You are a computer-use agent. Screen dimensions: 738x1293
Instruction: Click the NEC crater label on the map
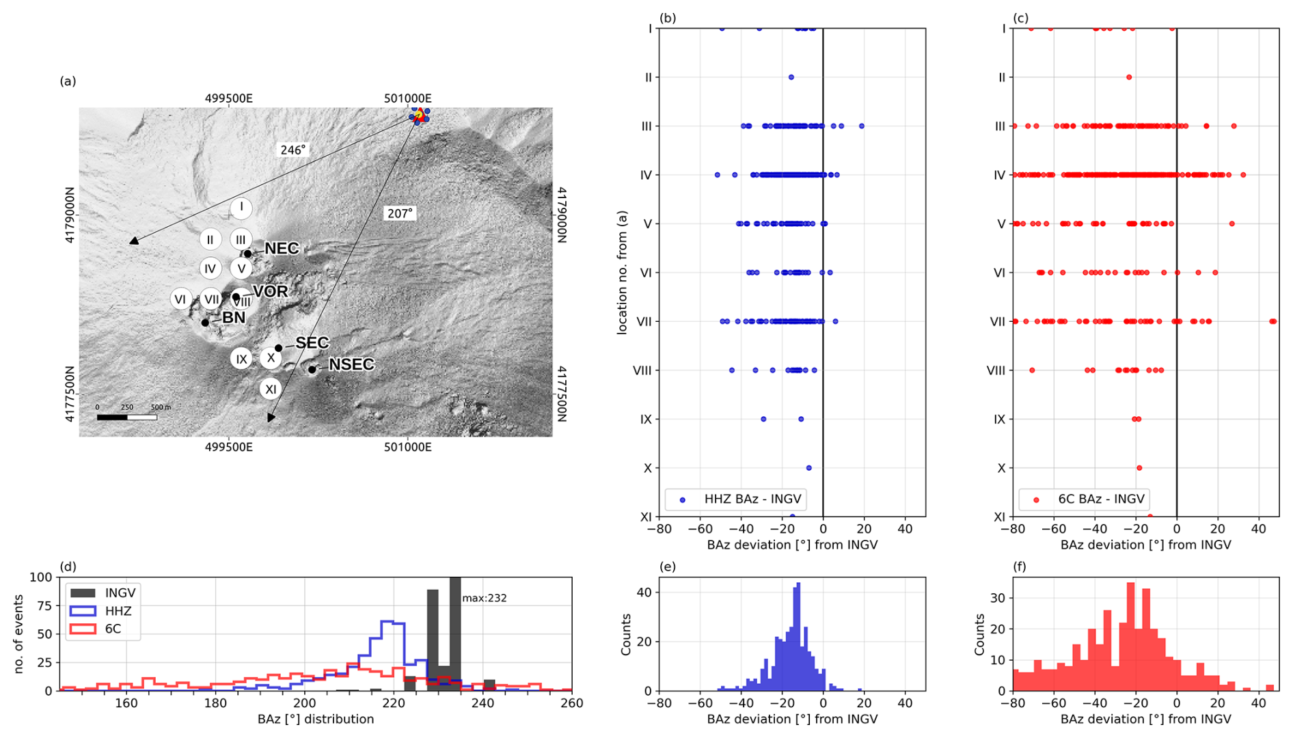[282, 249]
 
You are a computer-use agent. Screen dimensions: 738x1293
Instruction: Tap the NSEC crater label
[351, 365]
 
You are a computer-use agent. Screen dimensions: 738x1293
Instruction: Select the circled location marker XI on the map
[271, 389]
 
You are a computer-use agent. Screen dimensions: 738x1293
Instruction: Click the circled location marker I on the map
[241, 208]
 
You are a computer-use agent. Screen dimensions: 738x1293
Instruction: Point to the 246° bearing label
[292, 150]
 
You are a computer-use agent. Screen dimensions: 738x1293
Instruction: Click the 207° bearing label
[400, 213]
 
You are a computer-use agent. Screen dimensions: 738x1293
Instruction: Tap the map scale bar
[127, 417]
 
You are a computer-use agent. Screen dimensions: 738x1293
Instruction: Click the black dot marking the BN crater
[205, 323]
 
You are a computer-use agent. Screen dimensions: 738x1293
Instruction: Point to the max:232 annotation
[484, 598]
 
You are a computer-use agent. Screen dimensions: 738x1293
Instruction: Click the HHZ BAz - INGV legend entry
[735, 499]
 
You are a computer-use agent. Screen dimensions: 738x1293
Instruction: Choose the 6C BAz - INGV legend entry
[1083, 499]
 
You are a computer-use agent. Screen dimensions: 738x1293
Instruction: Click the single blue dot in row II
[791, 77]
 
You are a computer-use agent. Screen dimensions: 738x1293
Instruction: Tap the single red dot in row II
[1129, 77]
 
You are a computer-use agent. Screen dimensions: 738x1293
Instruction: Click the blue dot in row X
[809, 468]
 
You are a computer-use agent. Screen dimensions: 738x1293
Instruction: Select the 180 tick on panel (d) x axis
[215, 702]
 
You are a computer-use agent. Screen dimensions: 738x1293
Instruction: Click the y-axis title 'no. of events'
[18, 634]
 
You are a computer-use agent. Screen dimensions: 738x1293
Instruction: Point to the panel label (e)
[668, 566]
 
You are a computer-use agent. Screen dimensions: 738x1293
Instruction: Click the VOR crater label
[271, 292]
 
